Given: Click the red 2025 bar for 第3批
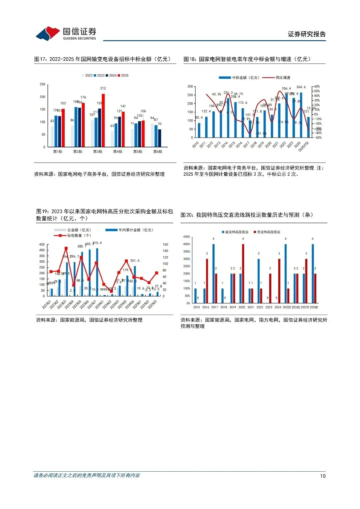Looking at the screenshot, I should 103,120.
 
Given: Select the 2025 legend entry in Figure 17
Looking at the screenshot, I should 123,76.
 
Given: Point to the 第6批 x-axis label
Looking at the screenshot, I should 158,152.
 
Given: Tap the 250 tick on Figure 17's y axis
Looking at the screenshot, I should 43,84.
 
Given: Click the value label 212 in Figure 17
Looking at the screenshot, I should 103,88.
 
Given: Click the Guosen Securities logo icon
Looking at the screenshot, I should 48,33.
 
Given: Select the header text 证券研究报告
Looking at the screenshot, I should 307,34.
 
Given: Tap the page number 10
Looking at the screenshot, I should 323,476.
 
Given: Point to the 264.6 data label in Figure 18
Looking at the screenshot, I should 301,87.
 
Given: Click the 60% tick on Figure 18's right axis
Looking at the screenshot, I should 317,87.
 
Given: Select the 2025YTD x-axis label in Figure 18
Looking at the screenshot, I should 303,147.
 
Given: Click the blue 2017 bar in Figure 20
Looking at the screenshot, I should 213,273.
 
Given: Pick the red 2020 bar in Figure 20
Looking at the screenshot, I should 243,273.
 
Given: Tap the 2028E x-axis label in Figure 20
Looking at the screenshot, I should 314,307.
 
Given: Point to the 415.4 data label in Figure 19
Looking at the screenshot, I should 97,243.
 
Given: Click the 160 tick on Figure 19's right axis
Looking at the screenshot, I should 165,244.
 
